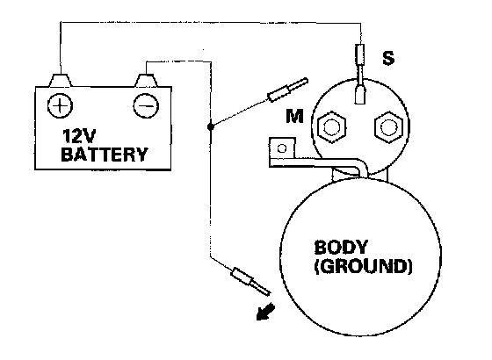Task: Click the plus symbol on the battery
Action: tap(60, 105)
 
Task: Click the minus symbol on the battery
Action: tap(146, 105)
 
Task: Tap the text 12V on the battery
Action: tap(78, 136)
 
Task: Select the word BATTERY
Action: tap(105, 155)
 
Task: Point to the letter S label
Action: tap(388, 58)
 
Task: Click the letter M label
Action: tap(294, 116)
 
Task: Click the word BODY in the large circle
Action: tap(341, 247)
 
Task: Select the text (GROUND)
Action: tap(364, 267)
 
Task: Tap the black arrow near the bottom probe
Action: tap(264, 313)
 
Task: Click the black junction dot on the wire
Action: tap(211, 126)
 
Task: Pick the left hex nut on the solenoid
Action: tap(332, 127)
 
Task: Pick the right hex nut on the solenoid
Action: tap(388, 127)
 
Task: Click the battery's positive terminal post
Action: tap(60, 80)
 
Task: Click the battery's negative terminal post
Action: tap(146, 80)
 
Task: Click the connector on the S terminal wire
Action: tap(360, 54)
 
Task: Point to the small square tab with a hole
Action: tap(282, 148)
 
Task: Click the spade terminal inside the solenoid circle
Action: tap(360, 95)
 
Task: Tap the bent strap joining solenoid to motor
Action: tap(317, 162)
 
